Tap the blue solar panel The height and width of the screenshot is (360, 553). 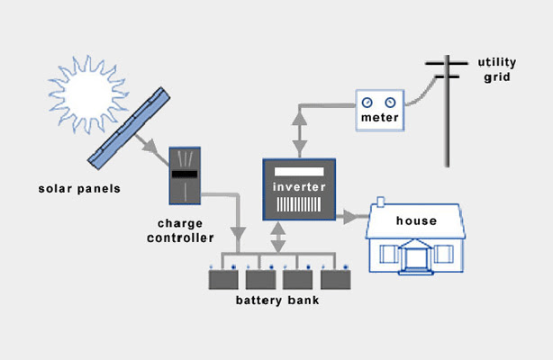click(131, 127)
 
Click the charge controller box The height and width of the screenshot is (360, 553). click(185, 175)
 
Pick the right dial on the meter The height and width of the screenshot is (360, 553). click(389, 102)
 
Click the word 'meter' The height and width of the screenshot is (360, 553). click(379, 118)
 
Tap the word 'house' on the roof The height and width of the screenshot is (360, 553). click(416, 220)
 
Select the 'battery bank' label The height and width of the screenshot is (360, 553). click(277, 301)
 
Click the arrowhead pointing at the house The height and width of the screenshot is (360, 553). click(350, 216)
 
